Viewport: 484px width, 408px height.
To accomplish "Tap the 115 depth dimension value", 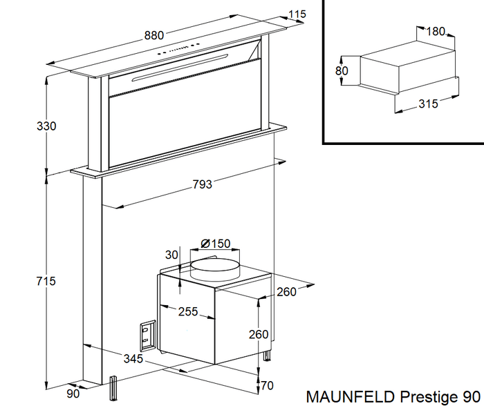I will tap(297, 14).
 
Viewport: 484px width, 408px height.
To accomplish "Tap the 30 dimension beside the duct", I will tap(172, 255).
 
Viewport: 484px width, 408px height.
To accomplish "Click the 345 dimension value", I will tap(133, 358).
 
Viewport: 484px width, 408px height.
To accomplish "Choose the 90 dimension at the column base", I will tap(73, 394).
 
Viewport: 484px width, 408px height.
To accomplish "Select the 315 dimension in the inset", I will tap(429, 104).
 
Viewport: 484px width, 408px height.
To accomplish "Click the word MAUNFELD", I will tap(349, 397).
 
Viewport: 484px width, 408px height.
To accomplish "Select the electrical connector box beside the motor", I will tap(147, 333).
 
